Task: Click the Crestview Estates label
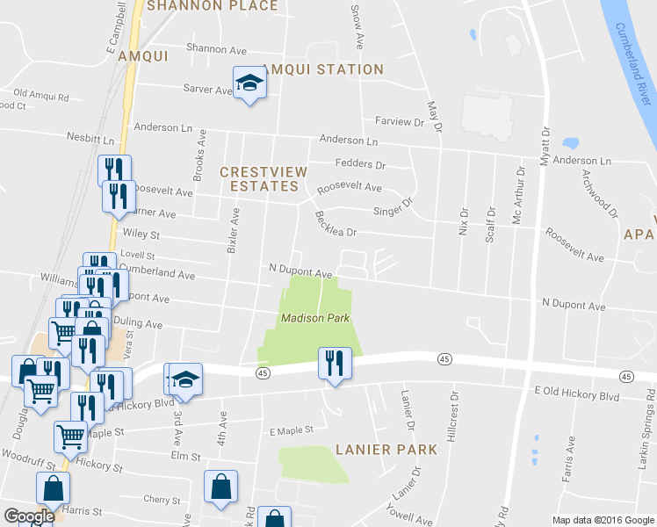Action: tap(259, 179)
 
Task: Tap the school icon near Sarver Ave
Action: tap(249, 83)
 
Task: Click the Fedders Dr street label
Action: tap(360, 164)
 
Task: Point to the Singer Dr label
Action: tap(393, 209)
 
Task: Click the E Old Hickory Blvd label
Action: tap(576, 397)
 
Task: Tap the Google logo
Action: tap(28, 516)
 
